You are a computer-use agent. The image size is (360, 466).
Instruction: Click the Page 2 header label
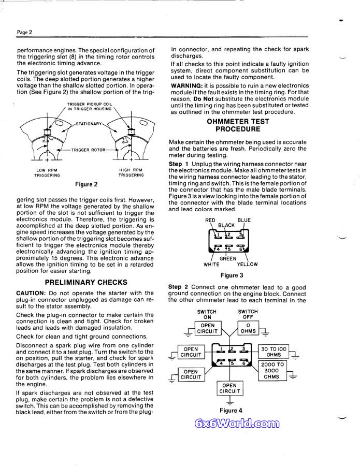24,32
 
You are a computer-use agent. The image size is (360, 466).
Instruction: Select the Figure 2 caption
87,184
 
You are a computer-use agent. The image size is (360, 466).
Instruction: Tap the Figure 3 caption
232,275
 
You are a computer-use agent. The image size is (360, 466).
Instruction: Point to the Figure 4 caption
231,411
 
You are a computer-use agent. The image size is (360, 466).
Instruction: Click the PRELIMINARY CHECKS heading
86,282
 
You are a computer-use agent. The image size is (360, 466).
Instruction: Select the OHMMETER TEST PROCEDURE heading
231,125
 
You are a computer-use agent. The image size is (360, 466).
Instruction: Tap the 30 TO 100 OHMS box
273,352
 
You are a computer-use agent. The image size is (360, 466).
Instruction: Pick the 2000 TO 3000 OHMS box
273,371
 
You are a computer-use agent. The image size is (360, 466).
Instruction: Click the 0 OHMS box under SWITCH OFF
249,328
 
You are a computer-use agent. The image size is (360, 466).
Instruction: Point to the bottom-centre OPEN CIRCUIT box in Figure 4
229,388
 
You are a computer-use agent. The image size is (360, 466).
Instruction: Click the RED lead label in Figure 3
210,220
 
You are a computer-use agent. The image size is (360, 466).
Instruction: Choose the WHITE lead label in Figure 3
211,264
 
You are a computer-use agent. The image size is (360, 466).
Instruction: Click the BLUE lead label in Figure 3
244,220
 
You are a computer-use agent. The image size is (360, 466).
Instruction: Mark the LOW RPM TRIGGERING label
47,172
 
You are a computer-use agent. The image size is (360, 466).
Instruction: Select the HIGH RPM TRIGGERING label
131,172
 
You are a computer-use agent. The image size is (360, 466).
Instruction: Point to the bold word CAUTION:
32,293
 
